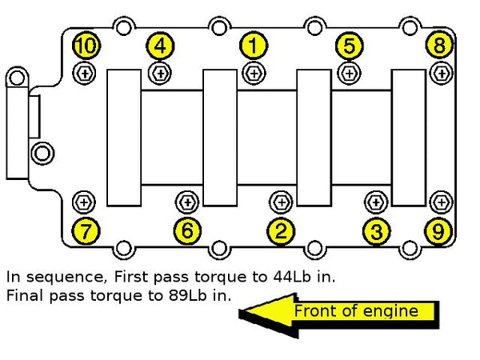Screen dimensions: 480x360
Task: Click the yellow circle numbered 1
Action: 253,46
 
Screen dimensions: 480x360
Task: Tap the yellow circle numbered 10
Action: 86,46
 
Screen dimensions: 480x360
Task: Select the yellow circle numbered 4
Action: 160,46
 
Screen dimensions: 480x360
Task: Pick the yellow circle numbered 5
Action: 350,46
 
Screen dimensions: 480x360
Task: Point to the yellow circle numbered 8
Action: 439,45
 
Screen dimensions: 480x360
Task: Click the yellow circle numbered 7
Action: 86,231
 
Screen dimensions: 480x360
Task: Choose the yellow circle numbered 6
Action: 187,230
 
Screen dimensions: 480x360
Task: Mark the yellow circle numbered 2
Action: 281,231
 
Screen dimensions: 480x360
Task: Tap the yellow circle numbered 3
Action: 376,231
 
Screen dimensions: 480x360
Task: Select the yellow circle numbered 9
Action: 438,231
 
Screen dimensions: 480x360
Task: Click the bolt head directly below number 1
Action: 254,74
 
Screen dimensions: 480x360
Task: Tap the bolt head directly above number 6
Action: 187,202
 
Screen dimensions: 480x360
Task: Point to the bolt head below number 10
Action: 84,73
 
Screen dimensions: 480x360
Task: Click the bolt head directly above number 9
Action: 441,202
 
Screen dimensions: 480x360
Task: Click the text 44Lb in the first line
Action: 292,277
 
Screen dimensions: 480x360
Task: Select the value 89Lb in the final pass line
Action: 187,296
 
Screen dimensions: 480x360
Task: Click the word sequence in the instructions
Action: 65,278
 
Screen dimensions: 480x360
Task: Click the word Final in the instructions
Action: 25,296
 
